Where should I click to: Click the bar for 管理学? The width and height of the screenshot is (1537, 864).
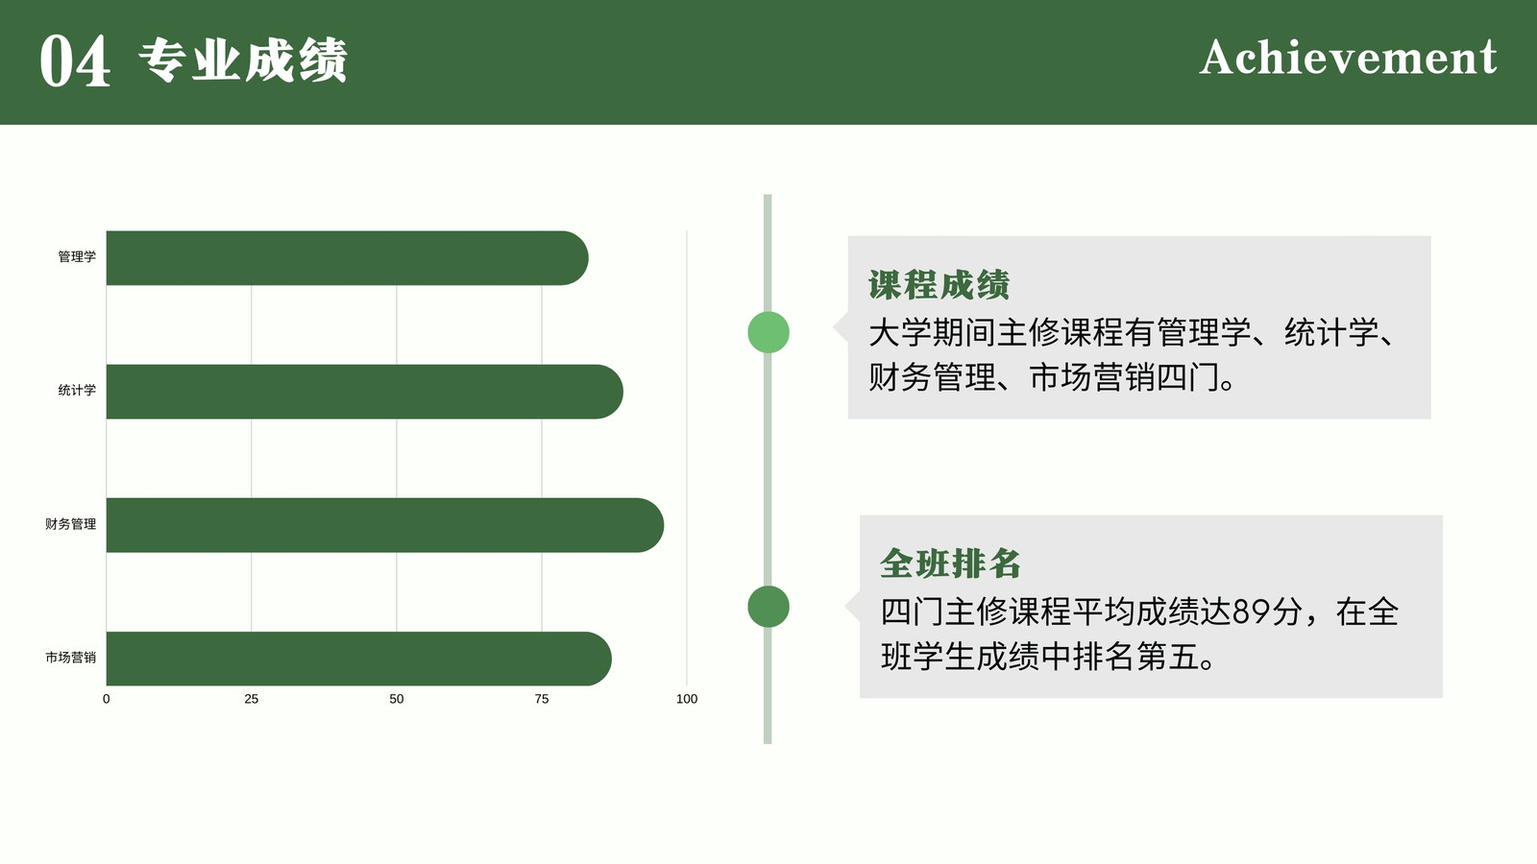tap(347, 258)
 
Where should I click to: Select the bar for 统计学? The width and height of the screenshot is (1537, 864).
tap(364, 392)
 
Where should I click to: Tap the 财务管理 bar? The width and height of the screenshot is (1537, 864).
tap(385, 525)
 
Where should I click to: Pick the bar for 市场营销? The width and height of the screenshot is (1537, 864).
tap(359, 659)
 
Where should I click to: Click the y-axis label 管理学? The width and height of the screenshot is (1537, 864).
tap(77, 256)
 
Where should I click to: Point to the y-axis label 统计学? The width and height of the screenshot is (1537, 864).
tap(77, 390)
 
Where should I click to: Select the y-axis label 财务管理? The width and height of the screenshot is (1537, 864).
tap(71, 524)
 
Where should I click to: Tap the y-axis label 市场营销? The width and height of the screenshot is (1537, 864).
tap(71, 658)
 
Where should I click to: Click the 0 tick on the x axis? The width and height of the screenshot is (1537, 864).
tap(107, 699)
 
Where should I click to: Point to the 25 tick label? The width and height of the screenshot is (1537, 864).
tap(251, 699)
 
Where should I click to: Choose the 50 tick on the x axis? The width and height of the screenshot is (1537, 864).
tap(397, 699)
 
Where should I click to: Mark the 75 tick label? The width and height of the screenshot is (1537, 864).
tap(542, 699)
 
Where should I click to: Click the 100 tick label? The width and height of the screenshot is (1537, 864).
tap(687, 699)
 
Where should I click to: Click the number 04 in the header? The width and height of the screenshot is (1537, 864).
tap(75, 61)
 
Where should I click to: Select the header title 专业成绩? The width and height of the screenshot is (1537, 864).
tap(243, 60)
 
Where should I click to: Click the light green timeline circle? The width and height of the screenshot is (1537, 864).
tap(768, 332)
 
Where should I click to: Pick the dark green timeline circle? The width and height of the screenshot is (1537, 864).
tap(768, 607)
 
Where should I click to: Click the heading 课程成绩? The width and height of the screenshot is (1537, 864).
tap(939, 285)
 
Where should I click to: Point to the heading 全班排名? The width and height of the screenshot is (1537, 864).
tap(950, 564)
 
